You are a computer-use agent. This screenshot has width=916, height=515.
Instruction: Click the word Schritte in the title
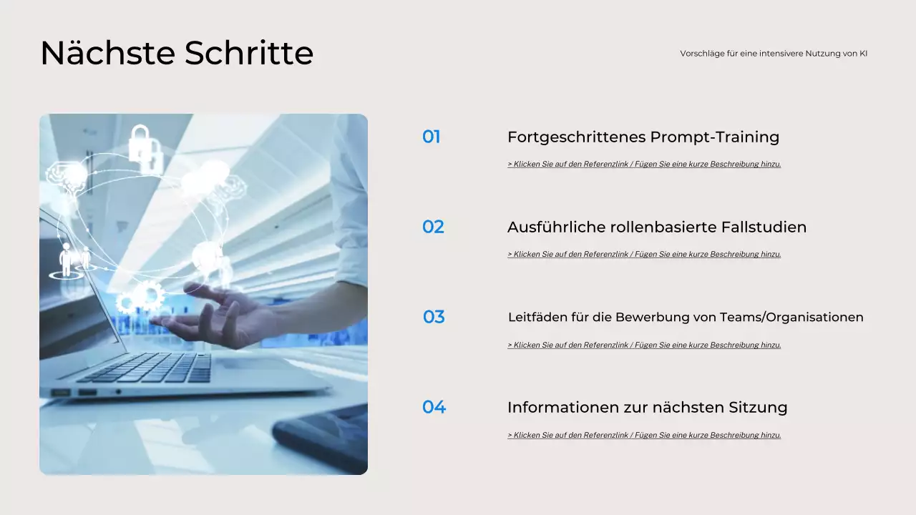[249, 54]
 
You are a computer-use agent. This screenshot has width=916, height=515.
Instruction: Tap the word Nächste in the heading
[107, 54]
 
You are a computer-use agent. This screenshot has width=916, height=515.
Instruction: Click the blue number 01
[431, 137]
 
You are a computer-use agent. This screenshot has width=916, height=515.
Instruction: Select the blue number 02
[433, 227]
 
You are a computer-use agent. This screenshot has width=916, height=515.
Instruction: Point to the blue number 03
[434, 317]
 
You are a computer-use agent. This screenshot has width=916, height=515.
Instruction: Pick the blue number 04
[434, 407]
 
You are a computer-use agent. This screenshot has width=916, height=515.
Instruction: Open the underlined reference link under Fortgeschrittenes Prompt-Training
[644, 164]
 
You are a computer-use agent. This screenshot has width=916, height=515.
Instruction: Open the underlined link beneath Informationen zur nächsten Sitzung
[644, 435]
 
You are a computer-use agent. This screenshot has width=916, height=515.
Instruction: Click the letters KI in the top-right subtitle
[863, 54]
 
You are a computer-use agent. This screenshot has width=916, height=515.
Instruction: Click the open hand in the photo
[215, 315]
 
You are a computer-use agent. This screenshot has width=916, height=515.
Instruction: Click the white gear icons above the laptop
[142, 295]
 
